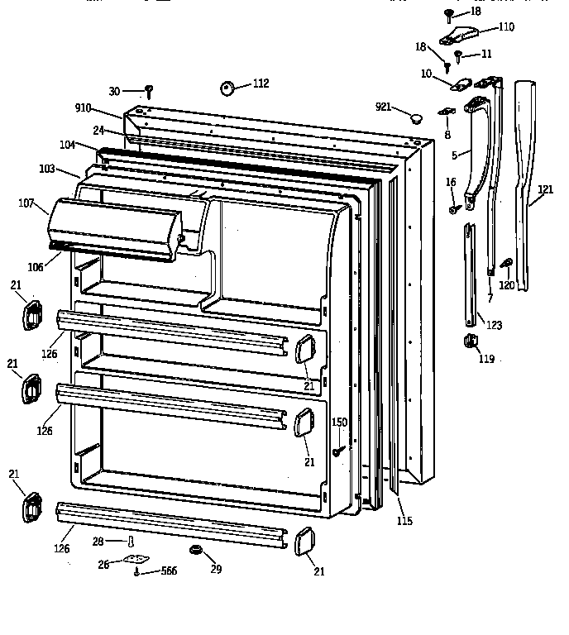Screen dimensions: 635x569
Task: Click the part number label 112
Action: point(261,83)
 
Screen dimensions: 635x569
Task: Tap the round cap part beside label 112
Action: point(227,87)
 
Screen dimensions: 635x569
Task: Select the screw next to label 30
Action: point(149,90)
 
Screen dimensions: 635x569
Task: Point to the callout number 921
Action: point(383,107)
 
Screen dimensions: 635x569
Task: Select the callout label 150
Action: point(339,423)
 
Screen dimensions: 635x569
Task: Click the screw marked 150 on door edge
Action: point(339,451)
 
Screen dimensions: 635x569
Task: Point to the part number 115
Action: point(404,521)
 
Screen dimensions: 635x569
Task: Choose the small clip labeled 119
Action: point(468,341)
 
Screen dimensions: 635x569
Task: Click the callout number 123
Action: point(494,325)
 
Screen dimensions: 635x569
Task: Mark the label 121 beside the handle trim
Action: point(545,189)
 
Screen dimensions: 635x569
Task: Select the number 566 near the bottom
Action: point(169,571)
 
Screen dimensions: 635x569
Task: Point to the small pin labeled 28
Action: point(130,542)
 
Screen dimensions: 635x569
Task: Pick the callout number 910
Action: point(83,108)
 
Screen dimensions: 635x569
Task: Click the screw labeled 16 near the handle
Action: point(454,210)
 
